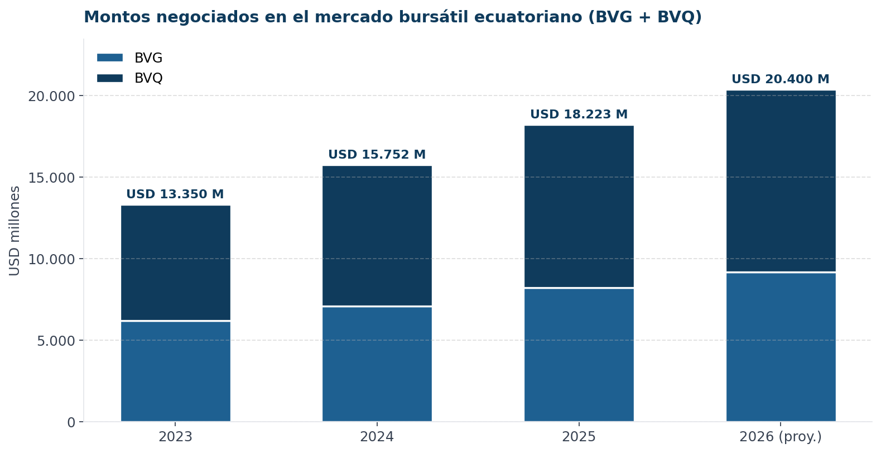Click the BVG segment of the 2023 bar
pyautogui.click(x=175, y=371)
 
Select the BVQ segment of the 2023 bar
pyautogui.click(x=175, y=263)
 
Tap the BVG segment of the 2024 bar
pyautogui.click(x=377, y=364)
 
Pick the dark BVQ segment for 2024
pyautogui.click(x=377, y=236)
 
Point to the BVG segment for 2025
pyautogui.click(x=579, y=355)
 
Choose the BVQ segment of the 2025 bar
pyautogui.click(x=579, y=206)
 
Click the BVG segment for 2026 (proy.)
pyautogui.click(x=781, y=347)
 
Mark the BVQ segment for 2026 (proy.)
pyautogui.click(x=781, y=181)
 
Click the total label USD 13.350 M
pyautogui.click(x=175, y=194)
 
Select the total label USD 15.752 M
pyautogui.click(x=377, y=155)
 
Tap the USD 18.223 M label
pyautogui.click(x=579, y=115)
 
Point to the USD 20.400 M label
pyautogui.click(x=780, y=79)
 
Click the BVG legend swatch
pyautogui.click(x=109, y=58)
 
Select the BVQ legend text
pyautogui.click(x=148, y=78)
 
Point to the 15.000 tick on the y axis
pyautogui.click(x=51, y=178)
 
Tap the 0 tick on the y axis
pyautogui.click(x=71, y=422)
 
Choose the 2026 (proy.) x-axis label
pyautogui.click(x=780, y=437)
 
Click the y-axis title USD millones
pyautogui.click(x=15, y=231)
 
